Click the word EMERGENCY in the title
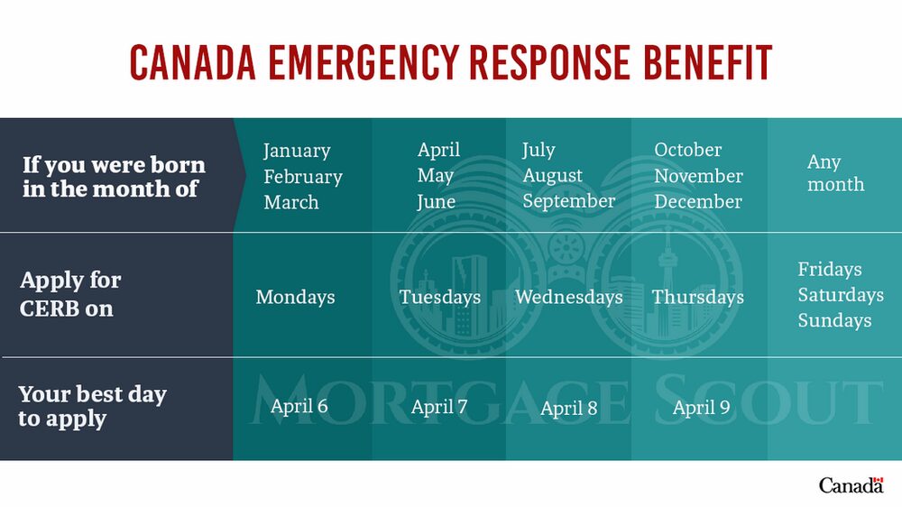point(363,62)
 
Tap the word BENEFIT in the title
point(707,62)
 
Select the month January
point(297,151)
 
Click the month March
point(291,202)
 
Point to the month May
point(436,176)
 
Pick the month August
point(552,176)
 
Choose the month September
point(569,201)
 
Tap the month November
point(698,176)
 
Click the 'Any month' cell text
point(835,172)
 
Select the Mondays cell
point(295,297)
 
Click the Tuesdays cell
point(440,297)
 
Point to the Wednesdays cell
point(569,297)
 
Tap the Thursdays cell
point(698,297)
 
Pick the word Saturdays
point(841,295)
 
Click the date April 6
point(299,406)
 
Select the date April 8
point(569,408)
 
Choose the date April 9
point(701,408)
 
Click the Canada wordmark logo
point(851,485)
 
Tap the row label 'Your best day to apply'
point(92,406)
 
